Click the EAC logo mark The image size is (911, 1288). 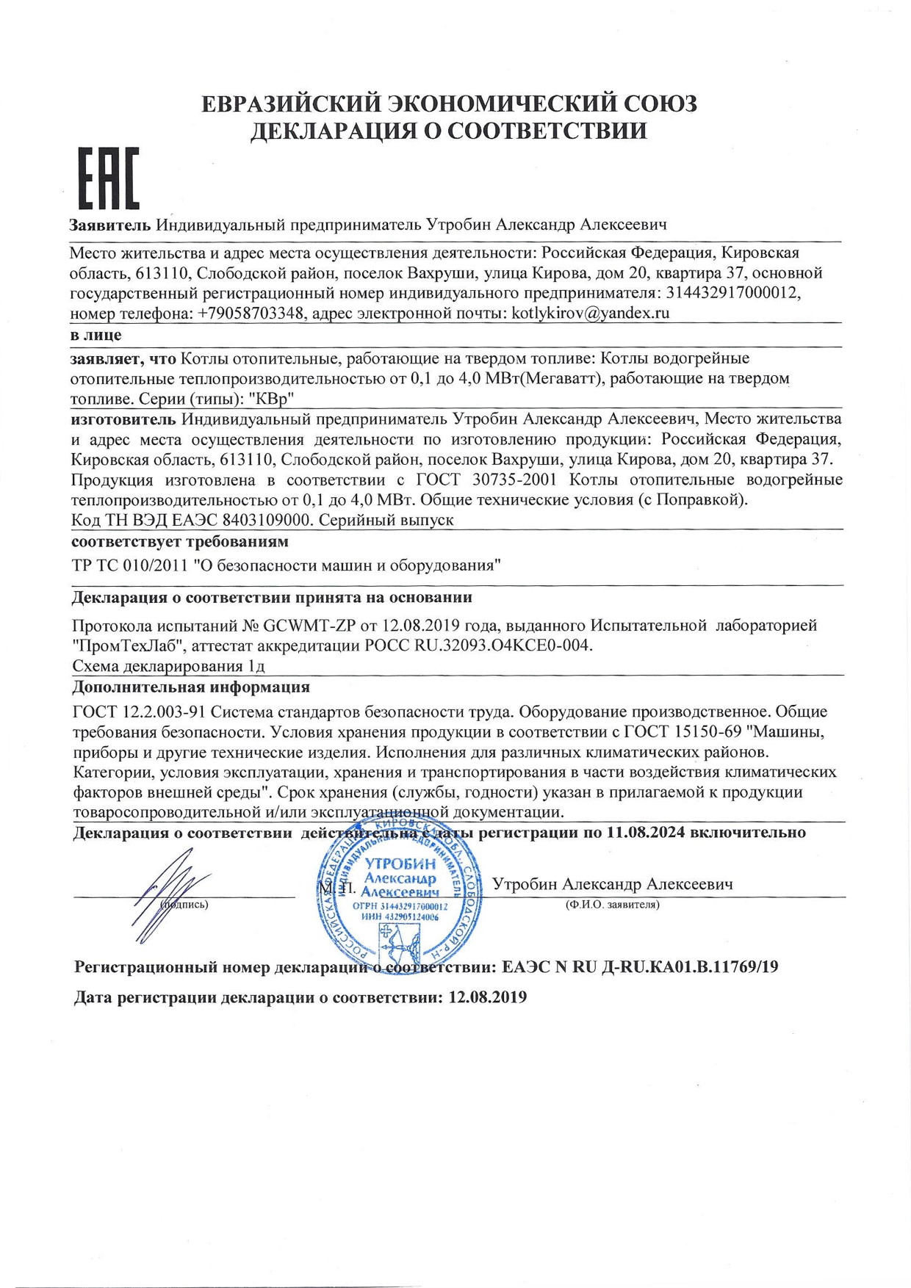tap(109, 178)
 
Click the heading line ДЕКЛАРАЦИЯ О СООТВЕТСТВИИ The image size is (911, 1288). tap(449, 131)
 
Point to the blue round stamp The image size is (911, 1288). tap(400, 900)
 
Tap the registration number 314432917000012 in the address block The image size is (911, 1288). tap(732, 293)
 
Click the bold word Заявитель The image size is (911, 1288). tap(110, 225)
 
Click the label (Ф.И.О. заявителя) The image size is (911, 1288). tap(612, 905)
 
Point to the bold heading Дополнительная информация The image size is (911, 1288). tap(190, 687)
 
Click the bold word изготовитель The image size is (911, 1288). tap(123, 419)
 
